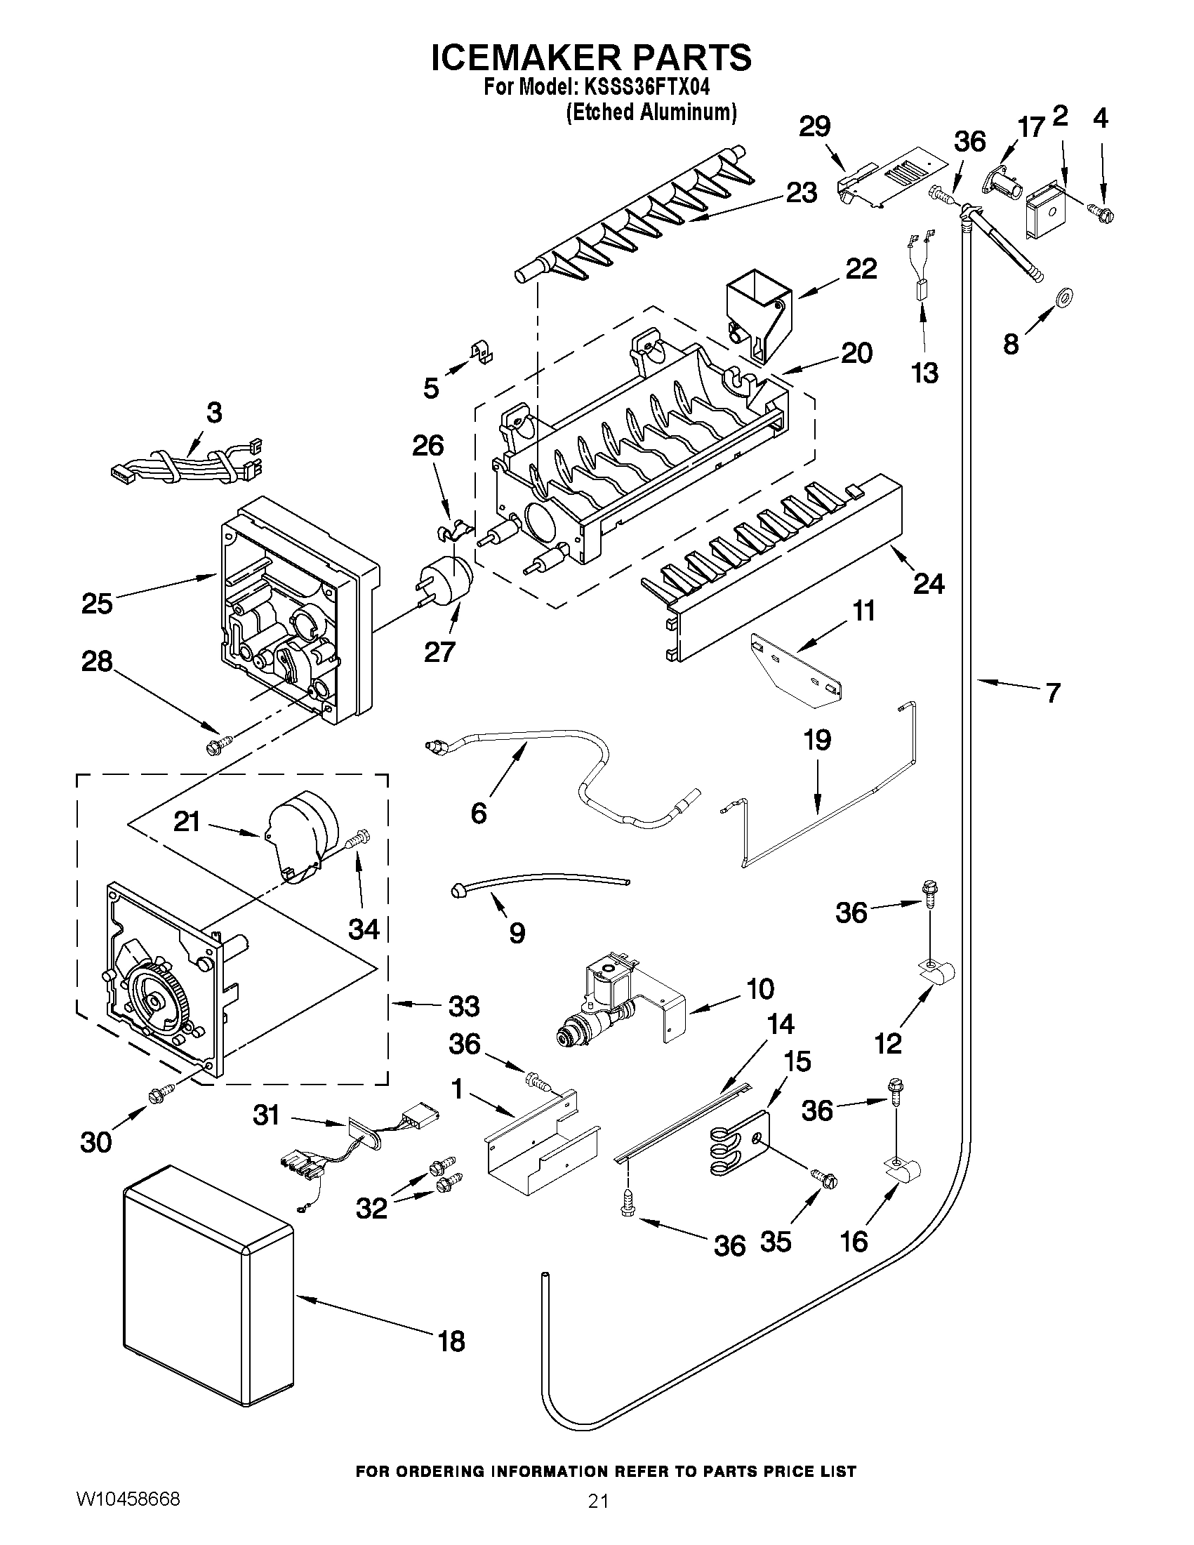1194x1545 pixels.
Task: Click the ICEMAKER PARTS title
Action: (x=591, y=58)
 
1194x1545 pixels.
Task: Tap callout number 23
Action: (x=802, y=192)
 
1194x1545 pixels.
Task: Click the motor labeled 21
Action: (x=300, y=835)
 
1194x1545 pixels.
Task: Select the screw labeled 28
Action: (x=216, y=744)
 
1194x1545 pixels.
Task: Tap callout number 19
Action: (x=817, y=741)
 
